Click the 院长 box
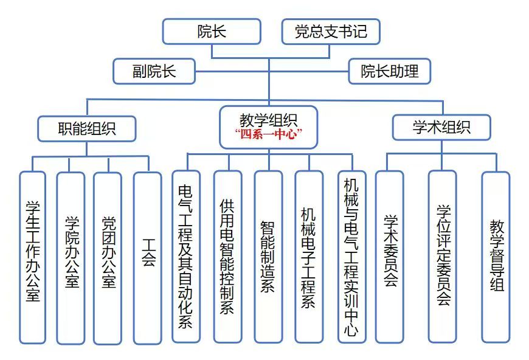pos(212,32)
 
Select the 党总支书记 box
pos(331,32)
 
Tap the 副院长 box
pos(154,71)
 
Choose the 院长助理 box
pos(390,71)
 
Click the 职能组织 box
pos(87,128)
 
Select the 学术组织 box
pos(441,127)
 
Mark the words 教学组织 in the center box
pos(268,118)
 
